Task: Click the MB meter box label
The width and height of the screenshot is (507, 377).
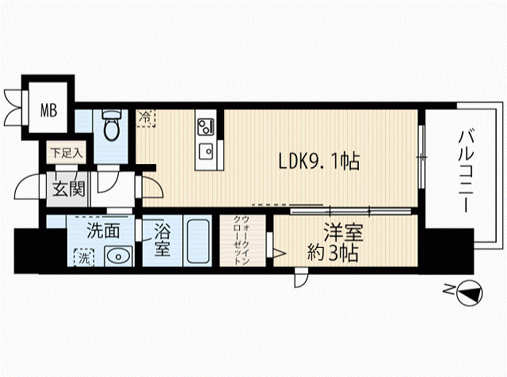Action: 49,110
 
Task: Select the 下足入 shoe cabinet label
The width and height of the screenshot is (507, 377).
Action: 67,153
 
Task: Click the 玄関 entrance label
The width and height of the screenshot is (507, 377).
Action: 69,188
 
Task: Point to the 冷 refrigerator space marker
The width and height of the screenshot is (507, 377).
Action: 146,118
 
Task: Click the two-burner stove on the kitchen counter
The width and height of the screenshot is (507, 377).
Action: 206,127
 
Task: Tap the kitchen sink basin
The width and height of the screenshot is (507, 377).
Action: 206,151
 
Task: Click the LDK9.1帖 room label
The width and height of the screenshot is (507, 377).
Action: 318,161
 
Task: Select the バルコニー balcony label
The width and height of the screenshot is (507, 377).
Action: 466,170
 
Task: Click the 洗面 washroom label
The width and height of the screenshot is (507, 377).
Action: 103,230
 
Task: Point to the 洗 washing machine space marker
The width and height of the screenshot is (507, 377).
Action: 84,257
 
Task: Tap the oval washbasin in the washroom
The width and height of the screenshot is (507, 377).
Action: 118,257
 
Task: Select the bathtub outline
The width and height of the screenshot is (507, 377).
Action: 197,241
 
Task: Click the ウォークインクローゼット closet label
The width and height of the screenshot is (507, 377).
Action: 241,240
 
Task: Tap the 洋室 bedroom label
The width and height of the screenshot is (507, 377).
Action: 343,233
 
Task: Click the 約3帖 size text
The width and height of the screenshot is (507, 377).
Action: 333,253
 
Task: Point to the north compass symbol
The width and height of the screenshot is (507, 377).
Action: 469,293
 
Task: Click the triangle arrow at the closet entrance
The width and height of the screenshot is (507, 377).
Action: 280,253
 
